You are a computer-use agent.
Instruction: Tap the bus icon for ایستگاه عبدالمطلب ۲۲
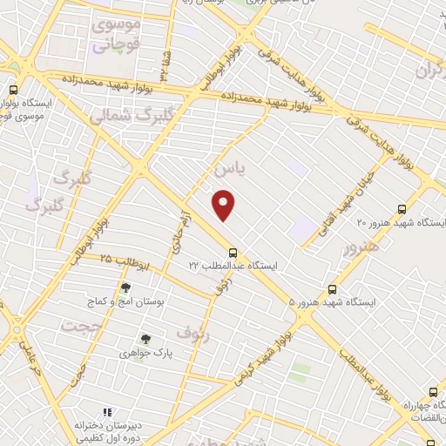[x=232, y=253]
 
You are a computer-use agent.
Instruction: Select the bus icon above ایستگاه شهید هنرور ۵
[x=332, y=289]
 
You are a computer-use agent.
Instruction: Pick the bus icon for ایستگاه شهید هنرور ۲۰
[x=401, y=209]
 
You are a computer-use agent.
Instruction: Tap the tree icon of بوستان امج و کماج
[x=127, y=287]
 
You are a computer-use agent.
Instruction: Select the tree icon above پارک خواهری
[x=146, y=340]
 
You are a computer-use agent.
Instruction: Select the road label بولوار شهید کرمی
[x=261, y=355]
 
